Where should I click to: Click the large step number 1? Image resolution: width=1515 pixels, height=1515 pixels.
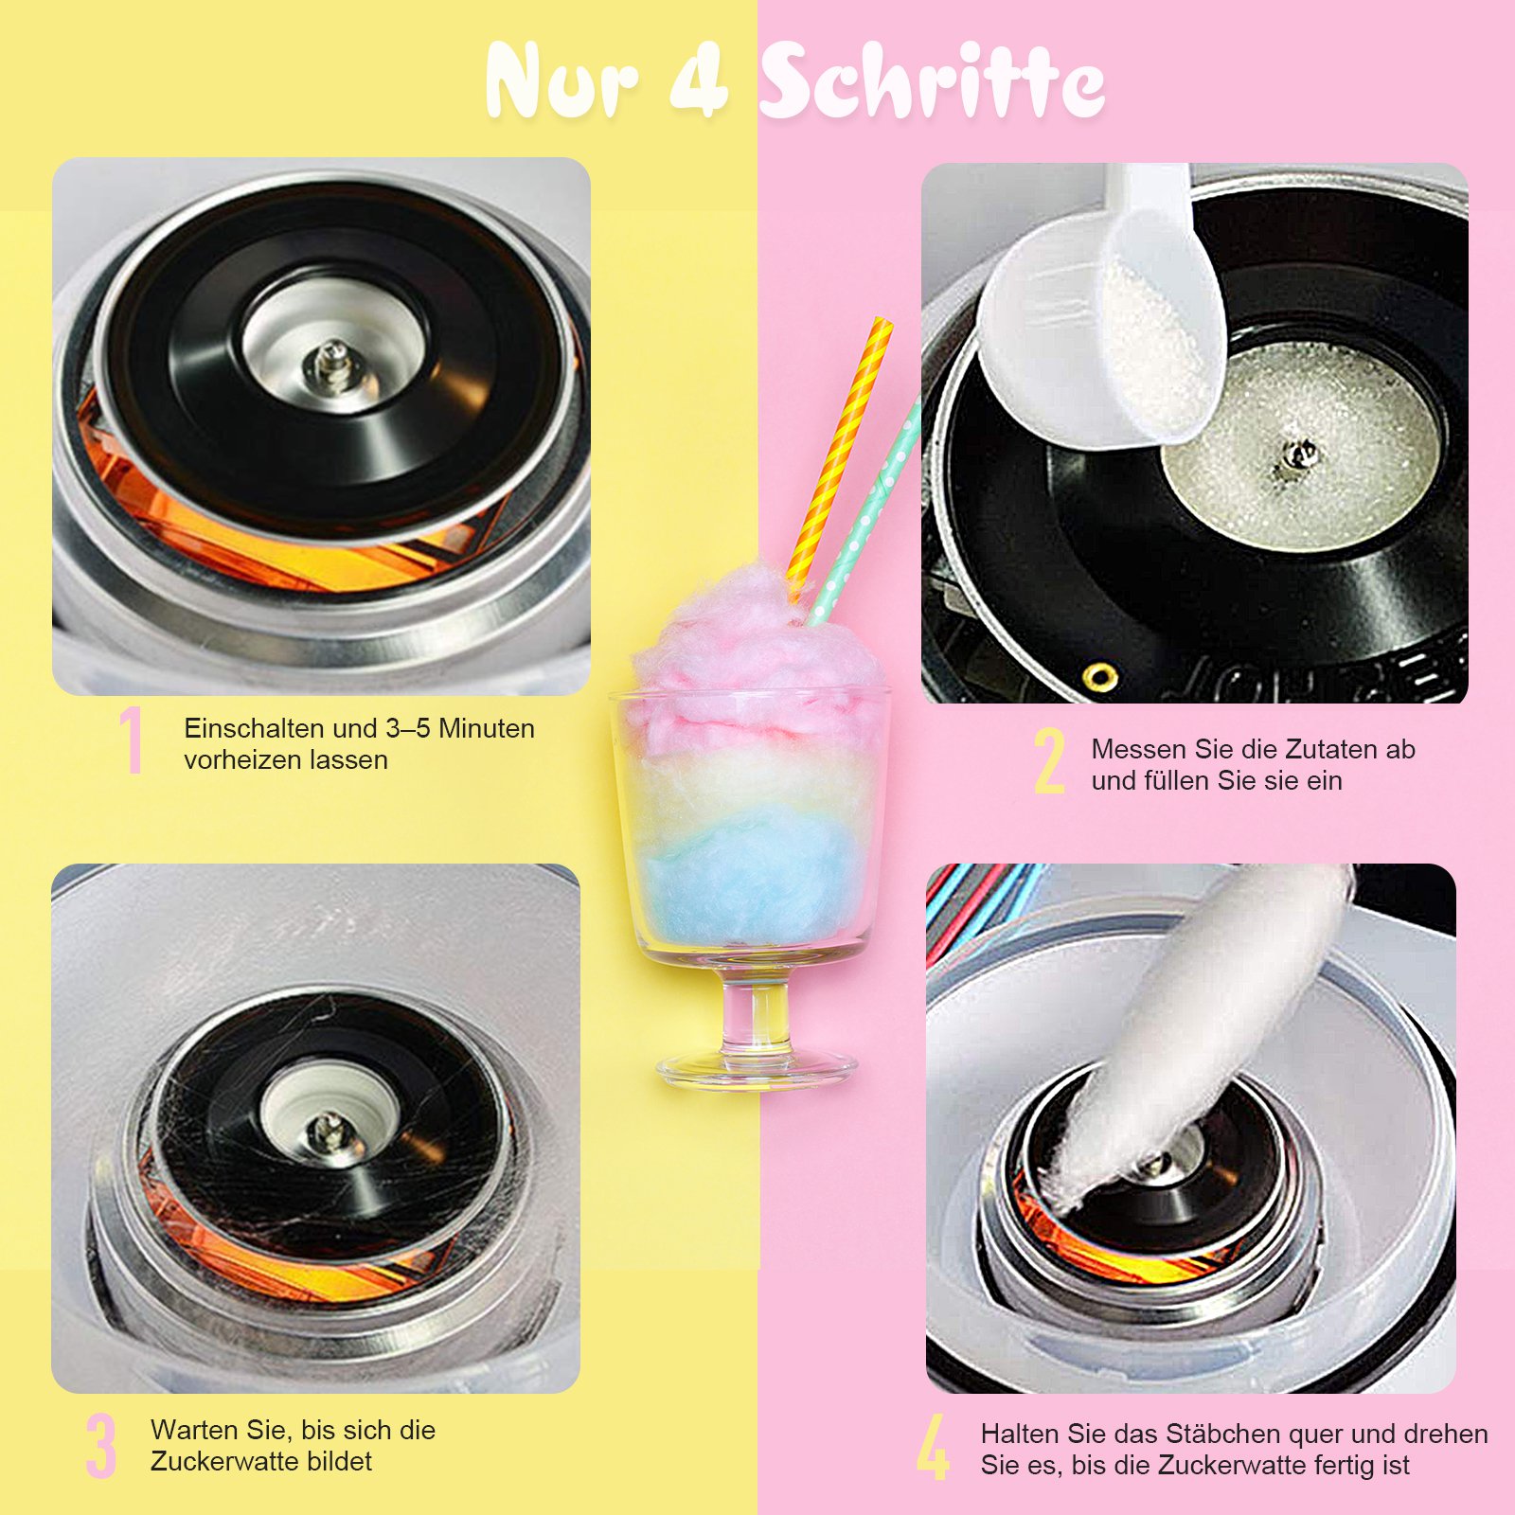coord(132,740)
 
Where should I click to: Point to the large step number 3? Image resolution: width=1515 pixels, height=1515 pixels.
coord(100,1445)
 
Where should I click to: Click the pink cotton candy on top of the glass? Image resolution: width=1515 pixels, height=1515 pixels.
coord(753,653)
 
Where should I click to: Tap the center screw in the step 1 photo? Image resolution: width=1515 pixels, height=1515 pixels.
coord(333,365)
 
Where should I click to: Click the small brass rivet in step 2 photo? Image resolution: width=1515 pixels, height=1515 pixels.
coord(1099,676)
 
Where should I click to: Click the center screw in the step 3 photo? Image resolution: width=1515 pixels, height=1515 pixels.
coord(329,1127)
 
